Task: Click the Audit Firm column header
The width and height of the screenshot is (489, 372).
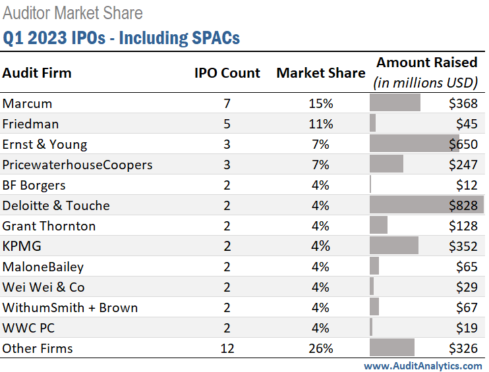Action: click(37, 73)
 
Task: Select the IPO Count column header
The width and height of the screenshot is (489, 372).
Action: click(227, 73)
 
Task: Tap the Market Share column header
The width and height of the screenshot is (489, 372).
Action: click(320, 73)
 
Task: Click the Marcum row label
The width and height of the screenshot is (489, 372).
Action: click(27, 103)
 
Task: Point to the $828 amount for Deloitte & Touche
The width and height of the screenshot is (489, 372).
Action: click(463, 205)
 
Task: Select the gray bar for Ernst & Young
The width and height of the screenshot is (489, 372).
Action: click(414, 144)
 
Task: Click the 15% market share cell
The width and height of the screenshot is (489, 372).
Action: click(321, 103)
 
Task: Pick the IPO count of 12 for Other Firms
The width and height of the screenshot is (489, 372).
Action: click(227, 348)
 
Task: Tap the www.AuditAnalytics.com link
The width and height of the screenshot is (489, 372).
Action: click(422, 365)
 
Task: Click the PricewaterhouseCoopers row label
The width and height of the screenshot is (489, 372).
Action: click(77, 165)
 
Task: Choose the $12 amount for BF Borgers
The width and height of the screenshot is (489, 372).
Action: click(467, 185)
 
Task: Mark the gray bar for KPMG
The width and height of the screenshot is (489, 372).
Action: click(394, 246)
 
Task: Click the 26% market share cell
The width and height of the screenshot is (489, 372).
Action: click(321, 348)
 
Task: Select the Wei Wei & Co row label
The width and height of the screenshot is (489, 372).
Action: click(43, 287)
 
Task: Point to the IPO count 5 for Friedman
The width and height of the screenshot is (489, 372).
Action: click(227, 124)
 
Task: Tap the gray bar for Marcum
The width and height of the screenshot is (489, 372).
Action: click(395, 103)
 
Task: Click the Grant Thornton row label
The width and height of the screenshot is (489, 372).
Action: click(49, 226)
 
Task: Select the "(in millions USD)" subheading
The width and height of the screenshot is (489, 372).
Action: click(425, 83)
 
